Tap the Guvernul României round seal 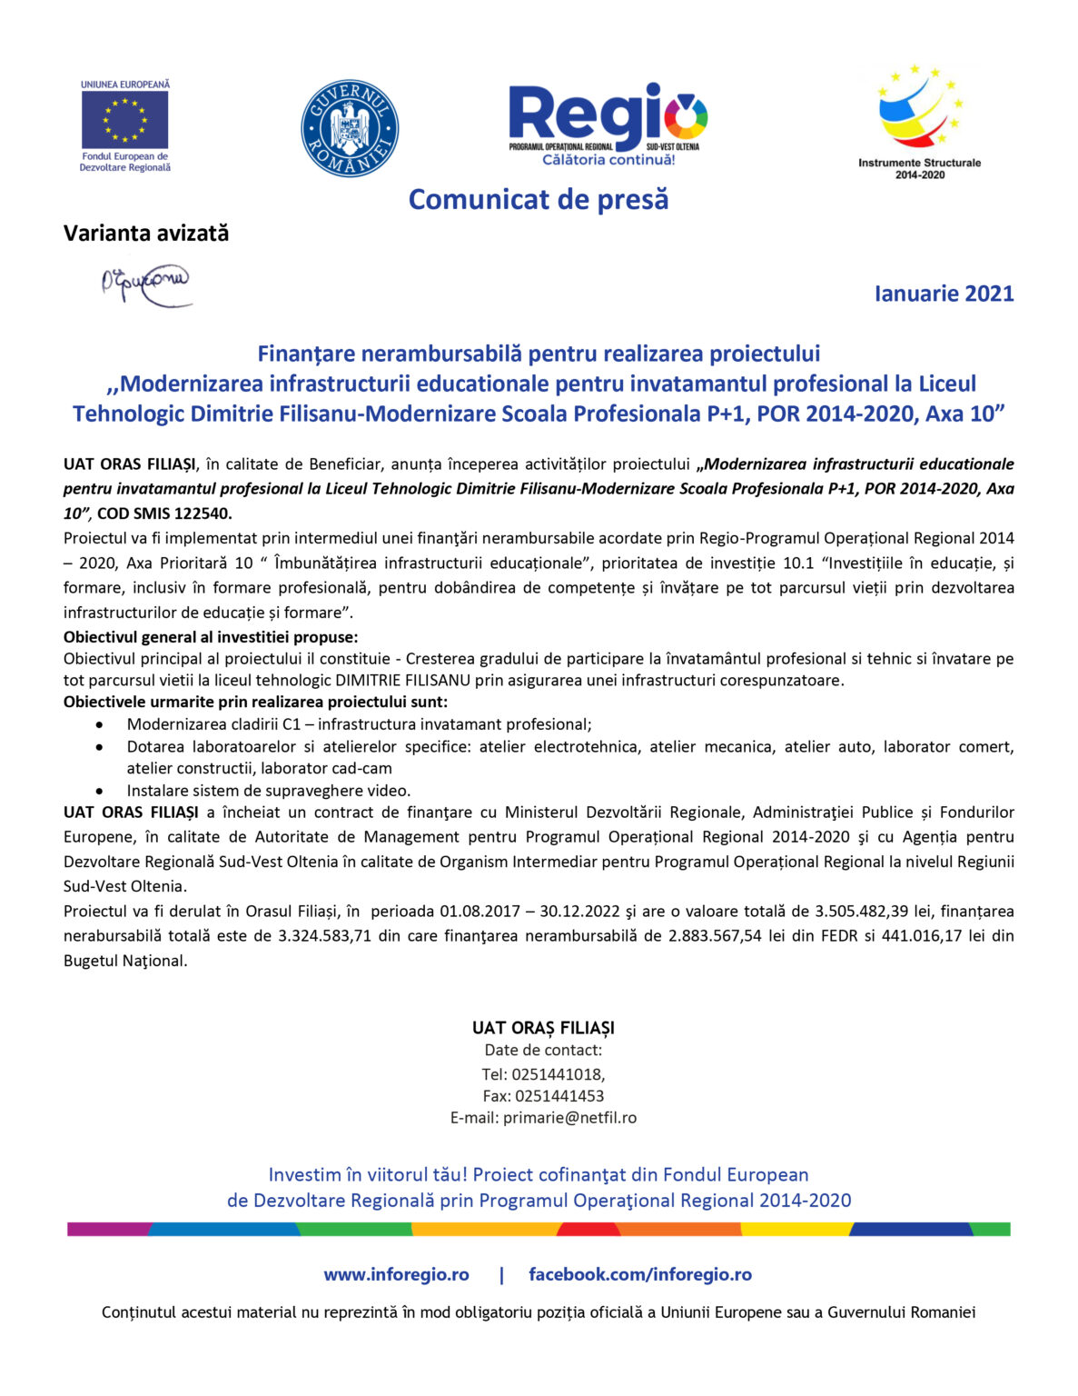pyautogui.click(x=350, y=128)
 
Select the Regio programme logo pyautogui.click(x=608, y=124)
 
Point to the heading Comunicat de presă pyautogui.click(x=539, y=199)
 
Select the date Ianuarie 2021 pyautogui.click(x=944, y=294)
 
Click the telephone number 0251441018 pyautogui.click(x=557, y=1074)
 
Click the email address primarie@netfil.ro pyautogui.click(x=569, y=1118)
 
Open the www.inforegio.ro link pyautogui.click(x=396, y=1274)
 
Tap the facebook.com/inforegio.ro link pyautogui.click(x=640, y=1274)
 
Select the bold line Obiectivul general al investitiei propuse pyautogui.click(x=211, y=637)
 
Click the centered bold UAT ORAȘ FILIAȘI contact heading pyautogui.click(x=543, y=1028)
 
